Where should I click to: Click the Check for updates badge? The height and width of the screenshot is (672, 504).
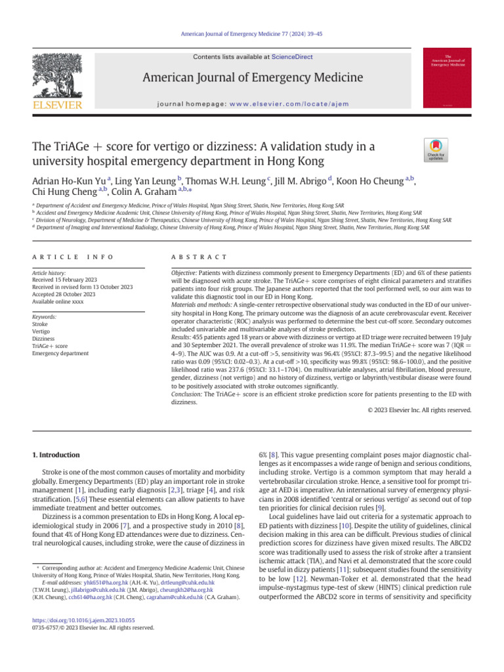pos(434,150)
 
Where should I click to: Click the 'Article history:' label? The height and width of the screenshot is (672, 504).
pos(50,272)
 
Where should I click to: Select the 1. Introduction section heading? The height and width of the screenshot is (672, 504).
pos(56,455)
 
